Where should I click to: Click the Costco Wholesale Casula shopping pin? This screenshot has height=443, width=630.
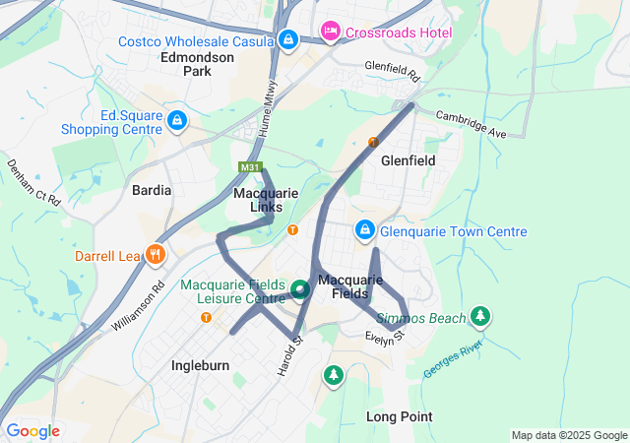click(288, 40)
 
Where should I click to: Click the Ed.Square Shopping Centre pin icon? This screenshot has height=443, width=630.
click(176, 121)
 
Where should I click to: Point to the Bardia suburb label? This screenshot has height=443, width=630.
click(152, 190)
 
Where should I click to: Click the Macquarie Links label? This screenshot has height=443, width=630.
click(266, 200)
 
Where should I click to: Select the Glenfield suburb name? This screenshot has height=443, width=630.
click(408, 158)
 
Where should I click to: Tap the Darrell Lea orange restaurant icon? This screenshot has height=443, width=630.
click(155, 256)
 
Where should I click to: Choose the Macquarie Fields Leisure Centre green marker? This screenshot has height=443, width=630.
click(299, 289)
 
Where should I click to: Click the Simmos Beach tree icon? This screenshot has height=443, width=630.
click(480, 317)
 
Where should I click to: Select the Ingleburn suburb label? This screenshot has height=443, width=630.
click(200, 365)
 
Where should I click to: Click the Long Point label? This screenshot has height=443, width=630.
click(399, 416)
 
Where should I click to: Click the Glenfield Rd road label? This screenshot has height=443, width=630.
click(392, 71)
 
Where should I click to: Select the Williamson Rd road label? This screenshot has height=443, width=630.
click(138, 308)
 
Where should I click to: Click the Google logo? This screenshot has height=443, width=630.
click(32, 431)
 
